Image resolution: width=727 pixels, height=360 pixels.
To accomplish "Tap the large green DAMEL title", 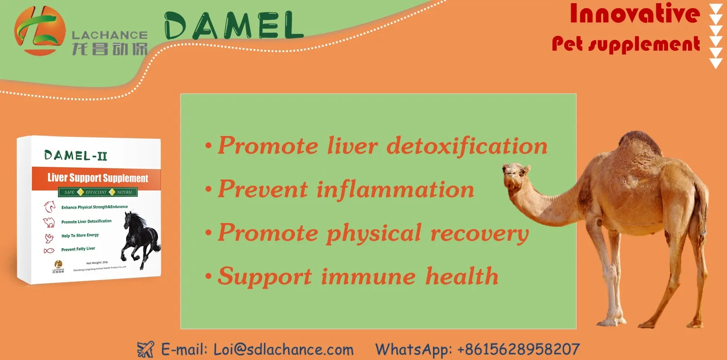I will coord(233,26).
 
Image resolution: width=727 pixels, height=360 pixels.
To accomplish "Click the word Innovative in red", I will coord(635,14).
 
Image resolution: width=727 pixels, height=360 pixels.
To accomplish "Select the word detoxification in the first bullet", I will coord(467,146).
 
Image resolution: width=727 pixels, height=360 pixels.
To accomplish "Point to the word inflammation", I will coord(395,190).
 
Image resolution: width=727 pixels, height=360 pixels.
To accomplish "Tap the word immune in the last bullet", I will coord(368,277).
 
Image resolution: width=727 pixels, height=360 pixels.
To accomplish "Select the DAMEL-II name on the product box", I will coord(76,156).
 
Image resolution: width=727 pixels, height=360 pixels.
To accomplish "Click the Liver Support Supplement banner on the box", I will coord(97,178).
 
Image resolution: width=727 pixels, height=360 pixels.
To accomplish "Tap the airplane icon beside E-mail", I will coord(145,350).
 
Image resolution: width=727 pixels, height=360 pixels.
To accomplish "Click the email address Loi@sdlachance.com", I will coord(283,350).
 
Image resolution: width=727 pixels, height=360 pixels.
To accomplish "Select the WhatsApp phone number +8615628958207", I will coord(519,350).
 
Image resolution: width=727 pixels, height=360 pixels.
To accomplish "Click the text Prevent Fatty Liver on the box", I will coord(78,249).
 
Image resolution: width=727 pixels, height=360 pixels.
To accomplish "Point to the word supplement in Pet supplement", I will coord(644,44).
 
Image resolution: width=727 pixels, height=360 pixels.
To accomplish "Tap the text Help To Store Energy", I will coord(80,235).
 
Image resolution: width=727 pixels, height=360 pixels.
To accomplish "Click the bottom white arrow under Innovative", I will coord(716,63).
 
